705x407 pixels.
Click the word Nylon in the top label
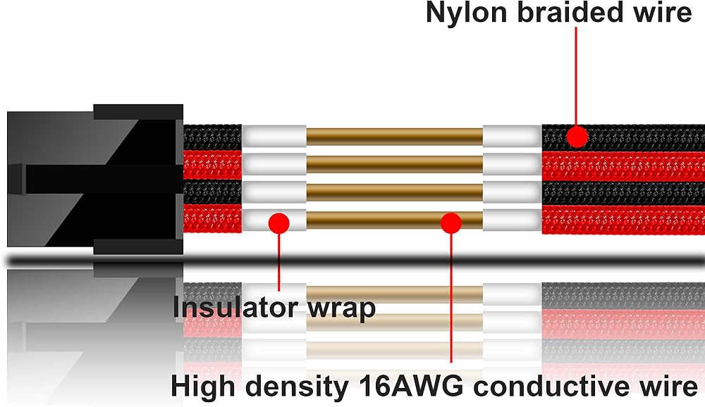[x=466, y=13]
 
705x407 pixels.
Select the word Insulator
[x=235, y=307]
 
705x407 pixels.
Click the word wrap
[x=341, y=310]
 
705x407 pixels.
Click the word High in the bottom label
[x=205, y=387]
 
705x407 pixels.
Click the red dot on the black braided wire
[x=577, y=137]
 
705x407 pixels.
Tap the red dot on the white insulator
[x=278, y=223]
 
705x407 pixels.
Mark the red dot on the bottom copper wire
[x=451, y=223]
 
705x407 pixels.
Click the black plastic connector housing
[x=95, y=180]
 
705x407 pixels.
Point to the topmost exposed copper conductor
[x=394, y=137]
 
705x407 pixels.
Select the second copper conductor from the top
[x=394, y=164]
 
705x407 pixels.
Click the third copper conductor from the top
[x=394, y=192]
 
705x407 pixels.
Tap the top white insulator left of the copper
[x=274, y=136]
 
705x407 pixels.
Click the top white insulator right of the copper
[x=512, y=136]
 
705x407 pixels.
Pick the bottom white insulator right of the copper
[x=512, y=220]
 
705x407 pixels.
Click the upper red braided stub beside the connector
[x=212, y=165]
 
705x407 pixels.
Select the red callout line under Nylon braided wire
[x=577, y=76]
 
